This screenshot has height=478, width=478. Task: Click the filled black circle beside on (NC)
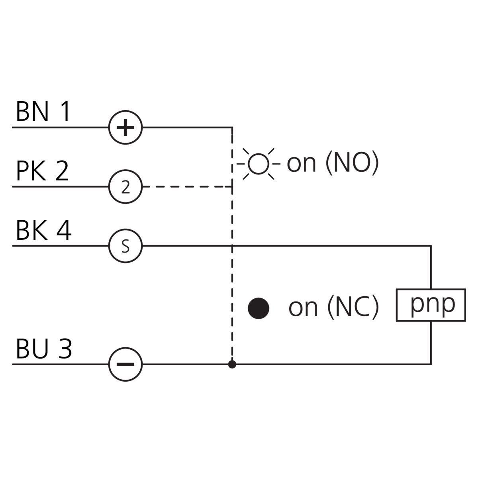point(259,308)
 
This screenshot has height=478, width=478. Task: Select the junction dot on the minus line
point(232,364)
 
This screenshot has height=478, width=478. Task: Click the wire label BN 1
point(43,111)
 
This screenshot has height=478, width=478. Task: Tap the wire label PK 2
point(42,170)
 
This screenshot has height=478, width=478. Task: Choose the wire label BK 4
point(44,230)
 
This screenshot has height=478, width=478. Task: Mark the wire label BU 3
point(44,349)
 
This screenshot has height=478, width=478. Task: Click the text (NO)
point(352,163)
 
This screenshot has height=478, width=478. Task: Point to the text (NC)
point(353,307)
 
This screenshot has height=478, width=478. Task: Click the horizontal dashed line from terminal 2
point(188,186)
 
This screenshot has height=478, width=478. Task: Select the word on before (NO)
point(302,164)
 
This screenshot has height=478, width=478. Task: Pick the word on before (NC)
point(303,308)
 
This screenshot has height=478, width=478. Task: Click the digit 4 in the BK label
point(64,230)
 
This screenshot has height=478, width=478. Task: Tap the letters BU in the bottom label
point(32,349)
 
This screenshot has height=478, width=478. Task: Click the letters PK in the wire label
point(31,170)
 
